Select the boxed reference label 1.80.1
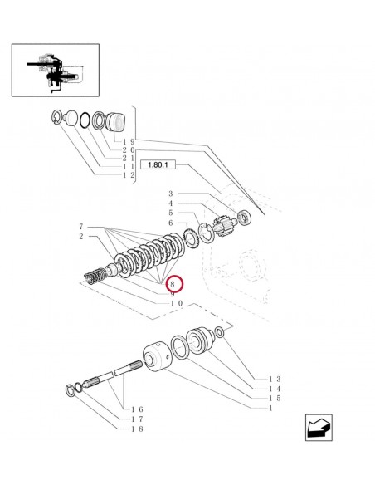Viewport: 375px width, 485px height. [157, 164]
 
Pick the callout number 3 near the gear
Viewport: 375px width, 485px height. [171, 193]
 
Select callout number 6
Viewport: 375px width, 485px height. [171, 223]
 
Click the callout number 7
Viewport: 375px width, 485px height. [81, 227]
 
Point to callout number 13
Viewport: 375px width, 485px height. [275, 379]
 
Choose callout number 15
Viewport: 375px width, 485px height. [275, 398]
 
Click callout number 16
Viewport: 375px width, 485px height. [138, 410]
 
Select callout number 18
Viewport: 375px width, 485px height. [138, 429]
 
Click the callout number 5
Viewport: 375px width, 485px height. [171, 213]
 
